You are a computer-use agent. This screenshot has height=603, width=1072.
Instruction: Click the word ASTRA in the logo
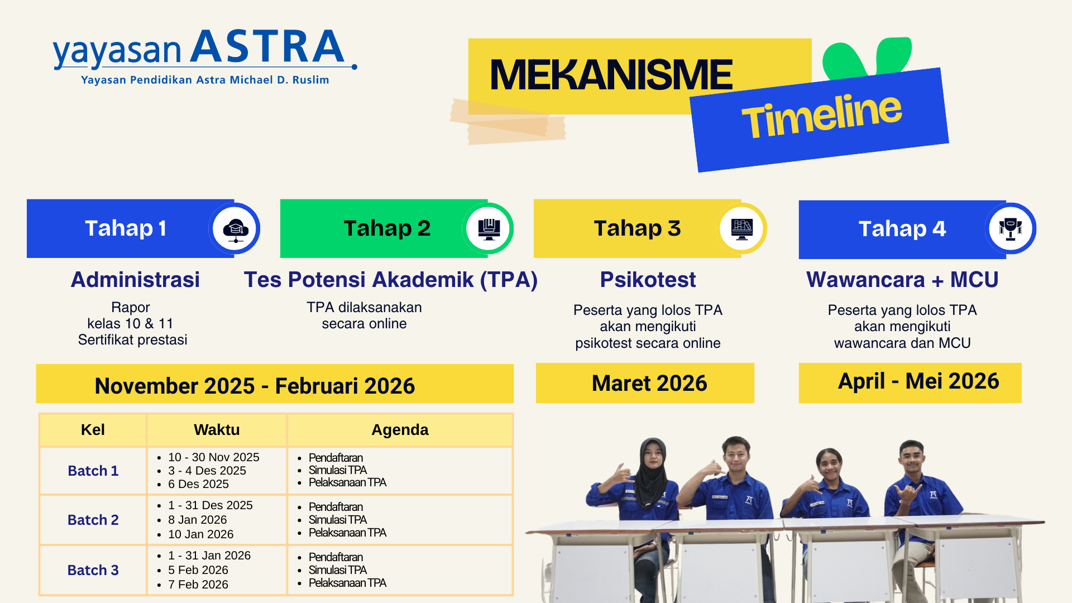tap(267, 46)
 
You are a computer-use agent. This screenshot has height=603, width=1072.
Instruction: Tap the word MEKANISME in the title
tap(611, 75)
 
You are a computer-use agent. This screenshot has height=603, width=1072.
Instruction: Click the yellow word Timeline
tap(821, 116)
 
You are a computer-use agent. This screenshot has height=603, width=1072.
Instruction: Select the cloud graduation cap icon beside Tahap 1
tap(235, 229)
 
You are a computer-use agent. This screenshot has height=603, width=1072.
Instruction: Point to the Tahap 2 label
tap(387, 228)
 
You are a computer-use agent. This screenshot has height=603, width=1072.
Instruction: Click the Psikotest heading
tap(648, 280)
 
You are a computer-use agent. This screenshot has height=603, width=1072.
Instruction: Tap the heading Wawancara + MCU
tap(902, 280)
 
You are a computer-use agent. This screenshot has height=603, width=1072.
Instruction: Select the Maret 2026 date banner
tap(645, 383)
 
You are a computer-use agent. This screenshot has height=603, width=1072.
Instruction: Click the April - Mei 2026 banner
tap(910, 383)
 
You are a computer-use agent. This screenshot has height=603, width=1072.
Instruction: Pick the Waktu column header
tap(217, 430)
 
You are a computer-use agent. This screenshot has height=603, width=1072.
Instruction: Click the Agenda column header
tap(400, 430)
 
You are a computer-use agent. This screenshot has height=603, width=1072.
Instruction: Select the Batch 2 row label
tap(93, 520)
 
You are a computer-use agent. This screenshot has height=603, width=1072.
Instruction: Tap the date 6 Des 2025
tap(198, 484)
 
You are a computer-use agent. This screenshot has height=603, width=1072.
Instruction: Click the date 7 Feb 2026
tap(198, 585)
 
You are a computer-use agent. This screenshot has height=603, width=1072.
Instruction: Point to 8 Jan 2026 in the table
tap(197, 520)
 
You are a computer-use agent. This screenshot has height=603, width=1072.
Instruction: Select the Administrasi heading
tap(135, 280)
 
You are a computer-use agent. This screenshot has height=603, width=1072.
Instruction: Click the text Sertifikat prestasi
tap(132, 340)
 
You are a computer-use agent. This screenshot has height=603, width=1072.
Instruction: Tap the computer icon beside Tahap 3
tap(741, 229)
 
